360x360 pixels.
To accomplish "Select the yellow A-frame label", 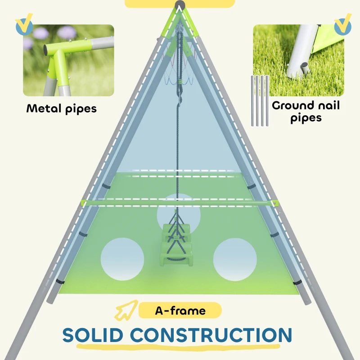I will click(180, 310).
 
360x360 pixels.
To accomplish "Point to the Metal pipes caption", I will click(61, 108).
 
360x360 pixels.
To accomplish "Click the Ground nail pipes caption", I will click(306, 112).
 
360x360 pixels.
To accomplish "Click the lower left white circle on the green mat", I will click(122, 260).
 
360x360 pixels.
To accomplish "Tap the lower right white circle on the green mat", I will click(235, 260).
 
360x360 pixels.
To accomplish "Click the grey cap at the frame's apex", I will click(180, 5).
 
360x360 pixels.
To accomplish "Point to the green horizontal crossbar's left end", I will click(84, 203).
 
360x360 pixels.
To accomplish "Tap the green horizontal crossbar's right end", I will click(275, 203).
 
